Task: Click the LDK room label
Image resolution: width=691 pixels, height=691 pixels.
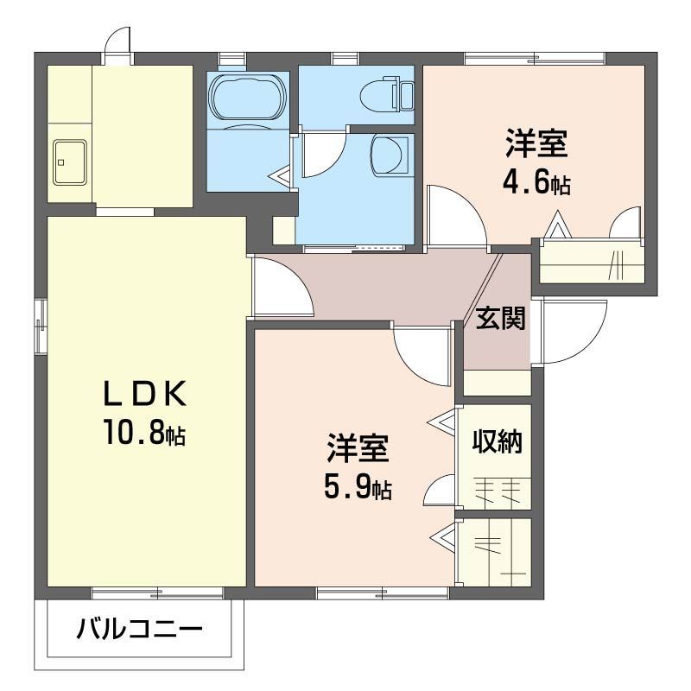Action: tap(144, 394)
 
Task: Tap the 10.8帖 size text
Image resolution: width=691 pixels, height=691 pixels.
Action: tap(144, 433)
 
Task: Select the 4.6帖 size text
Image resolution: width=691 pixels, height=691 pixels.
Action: tap(536, 182)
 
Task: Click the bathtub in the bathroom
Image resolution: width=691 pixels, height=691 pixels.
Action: tap(248, 94)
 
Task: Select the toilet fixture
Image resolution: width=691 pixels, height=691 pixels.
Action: tap(389, 93)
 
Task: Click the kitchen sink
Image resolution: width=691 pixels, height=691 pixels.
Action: tap(69, 161)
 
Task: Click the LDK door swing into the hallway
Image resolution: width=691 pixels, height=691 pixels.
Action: tap(281, 290)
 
